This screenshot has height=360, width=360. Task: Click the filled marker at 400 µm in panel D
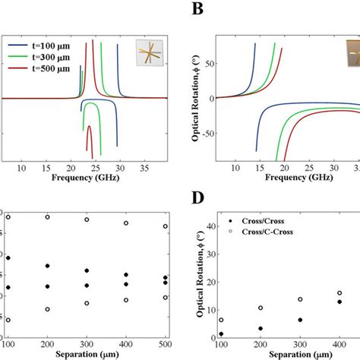tap(339, 302)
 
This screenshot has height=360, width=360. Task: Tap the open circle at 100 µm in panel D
tap(221, 320)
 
